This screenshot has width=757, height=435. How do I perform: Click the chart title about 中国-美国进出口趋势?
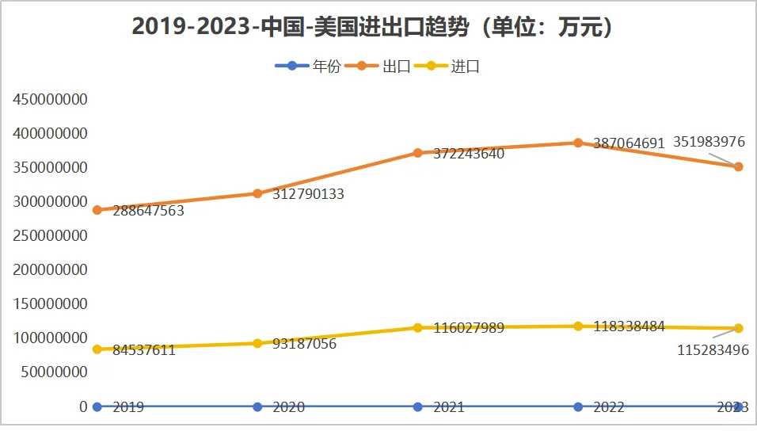pos(373,27)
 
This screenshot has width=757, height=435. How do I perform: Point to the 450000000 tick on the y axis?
pos(50,100)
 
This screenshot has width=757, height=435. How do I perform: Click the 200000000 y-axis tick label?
pos(50,270)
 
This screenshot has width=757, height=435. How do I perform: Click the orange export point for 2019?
pos(97,210)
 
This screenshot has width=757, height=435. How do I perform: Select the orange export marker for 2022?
pos(578,143)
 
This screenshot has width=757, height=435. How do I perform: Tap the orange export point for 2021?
pos(418,153)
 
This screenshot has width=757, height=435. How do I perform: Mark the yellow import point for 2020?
pos(257,343)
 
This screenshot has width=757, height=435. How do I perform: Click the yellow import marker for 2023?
pos(738,328)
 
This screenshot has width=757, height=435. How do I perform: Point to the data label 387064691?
pos(630,143)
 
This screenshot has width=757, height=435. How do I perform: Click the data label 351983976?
pos(709,142)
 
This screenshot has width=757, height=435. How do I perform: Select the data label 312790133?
pos(309,194)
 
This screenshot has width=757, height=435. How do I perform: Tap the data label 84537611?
pos(144,350)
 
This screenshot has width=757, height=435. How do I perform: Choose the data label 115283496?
pos(713,350)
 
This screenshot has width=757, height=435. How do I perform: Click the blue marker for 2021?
pos(418,406)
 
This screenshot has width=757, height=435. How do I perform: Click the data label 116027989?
pos(469,328)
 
